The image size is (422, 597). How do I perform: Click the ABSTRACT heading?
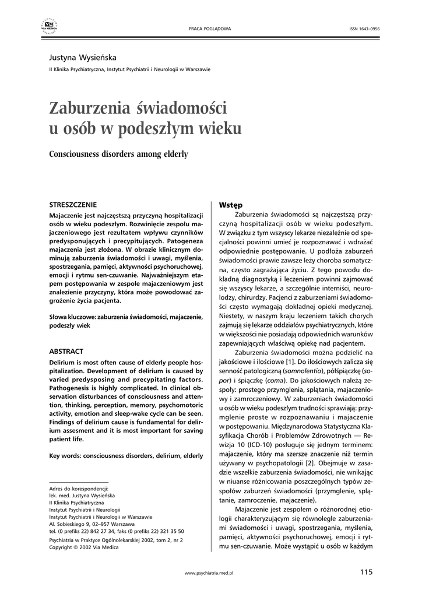[66, 352]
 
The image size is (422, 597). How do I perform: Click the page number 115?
[366, 572]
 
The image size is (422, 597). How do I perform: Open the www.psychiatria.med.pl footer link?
[209, 574]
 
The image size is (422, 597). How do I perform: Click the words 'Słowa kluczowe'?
[72, 317]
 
